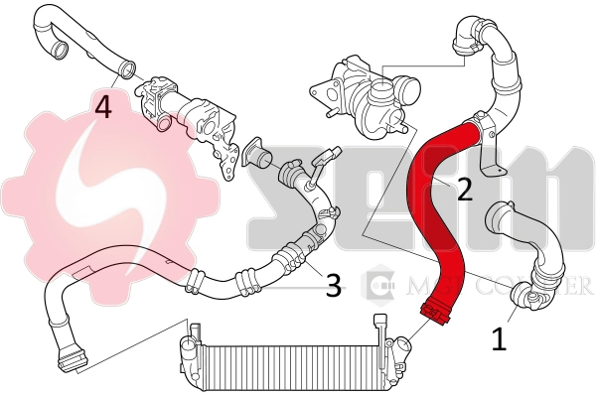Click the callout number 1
(x=499, y=339)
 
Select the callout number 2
(x=464, y=189)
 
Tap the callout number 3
(x=334, y=286)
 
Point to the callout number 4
(x=102, y=106)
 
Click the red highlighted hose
(x=432, y=218)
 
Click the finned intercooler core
(x=288, y=356)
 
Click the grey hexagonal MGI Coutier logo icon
(x=379, y=287)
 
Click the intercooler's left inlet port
(x=188, y=346)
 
